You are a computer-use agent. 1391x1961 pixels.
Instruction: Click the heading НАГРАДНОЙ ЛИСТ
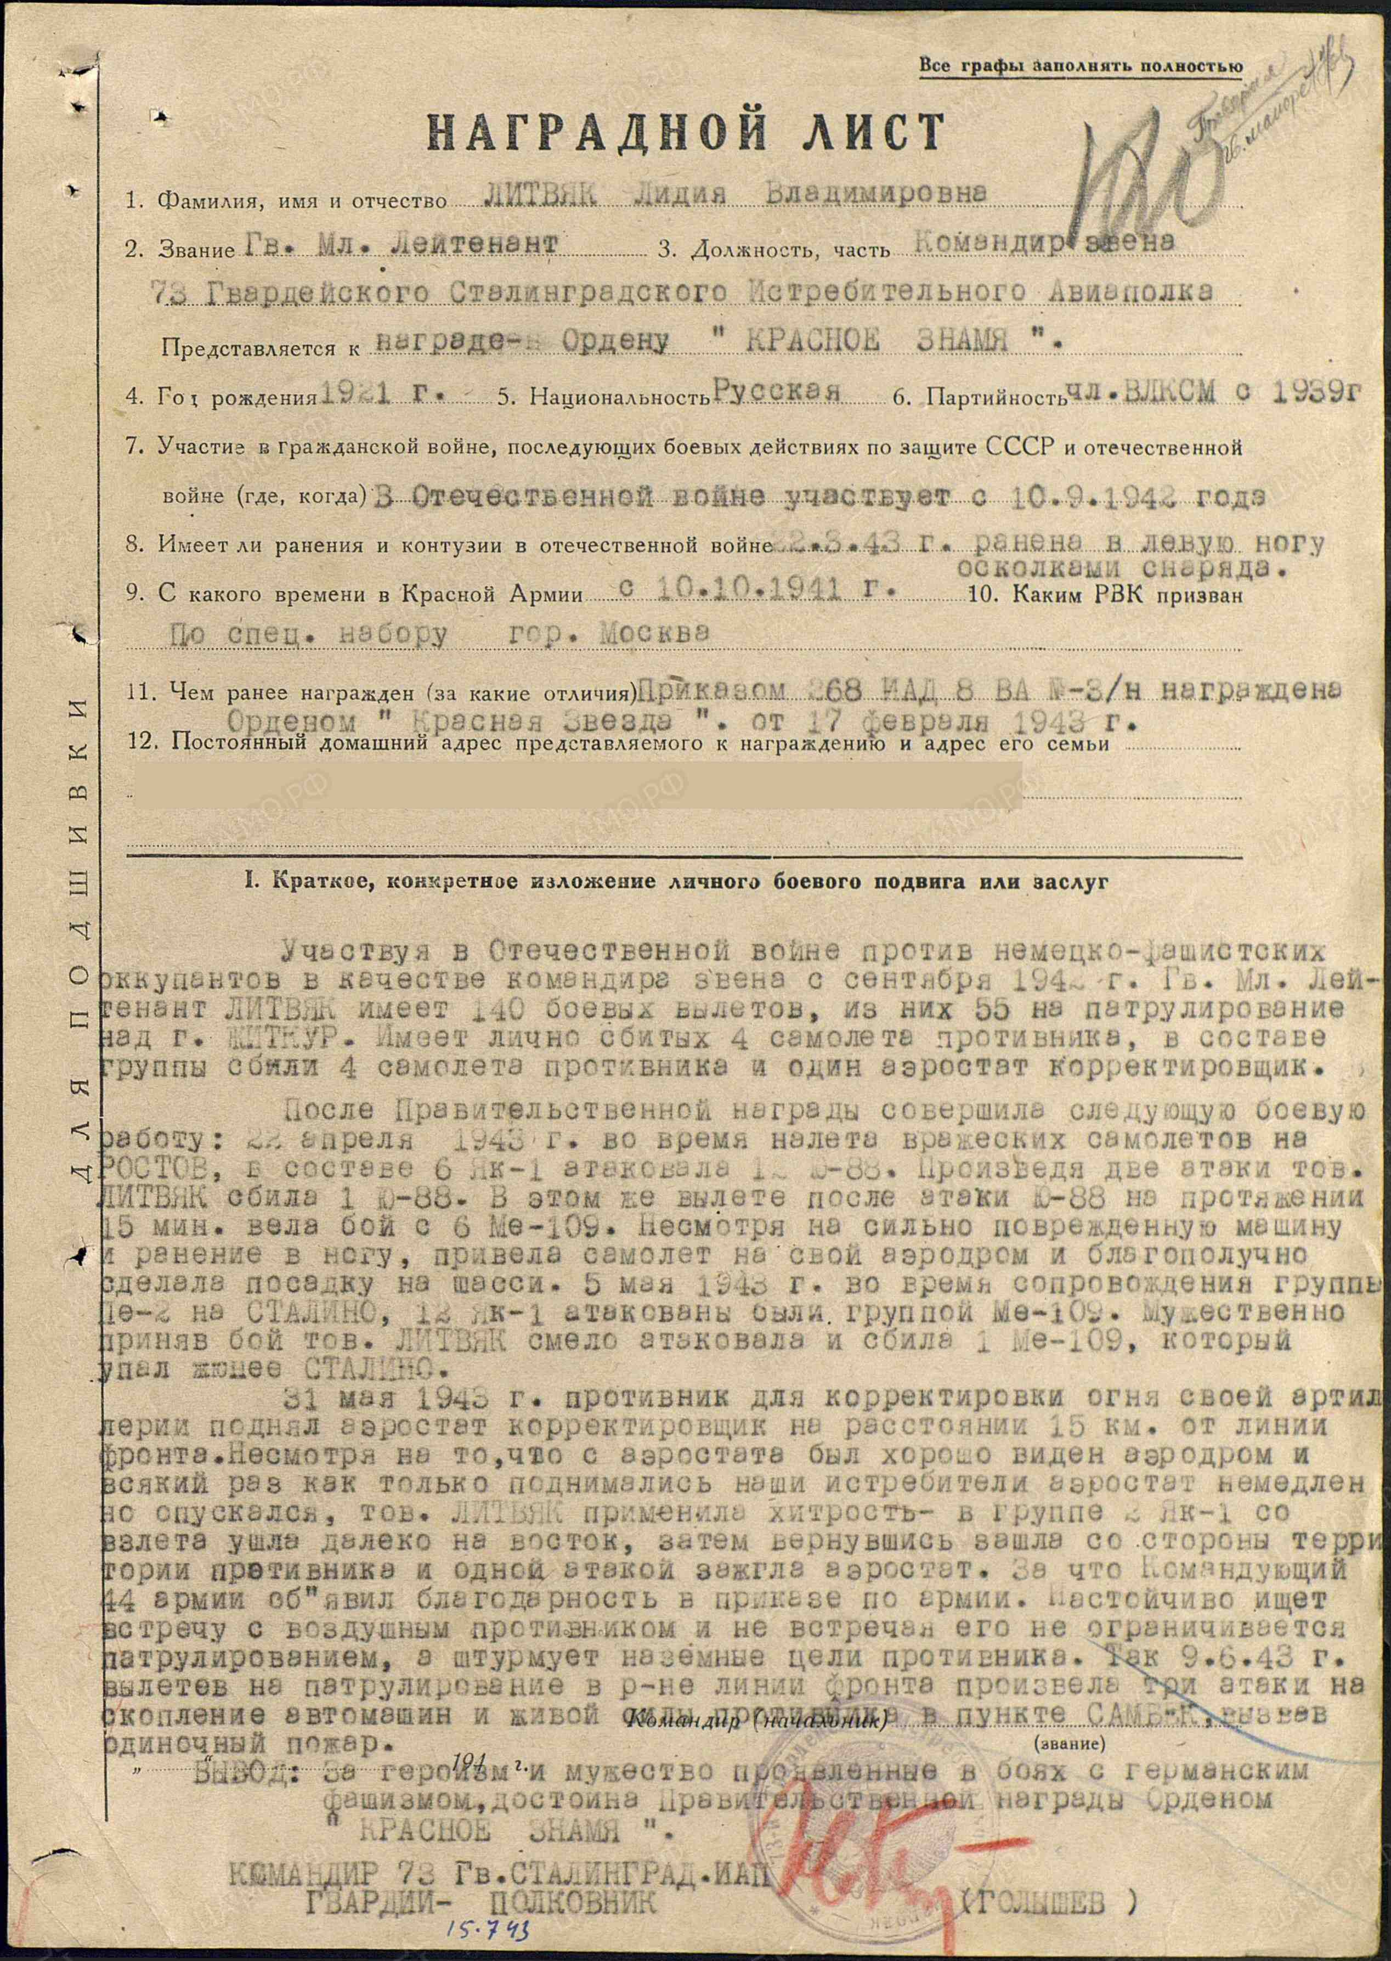685,133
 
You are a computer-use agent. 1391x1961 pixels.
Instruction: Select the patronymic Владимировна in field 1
874,194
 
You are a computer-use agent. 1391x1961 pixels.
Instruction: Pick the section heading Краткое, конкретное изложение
677,882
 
